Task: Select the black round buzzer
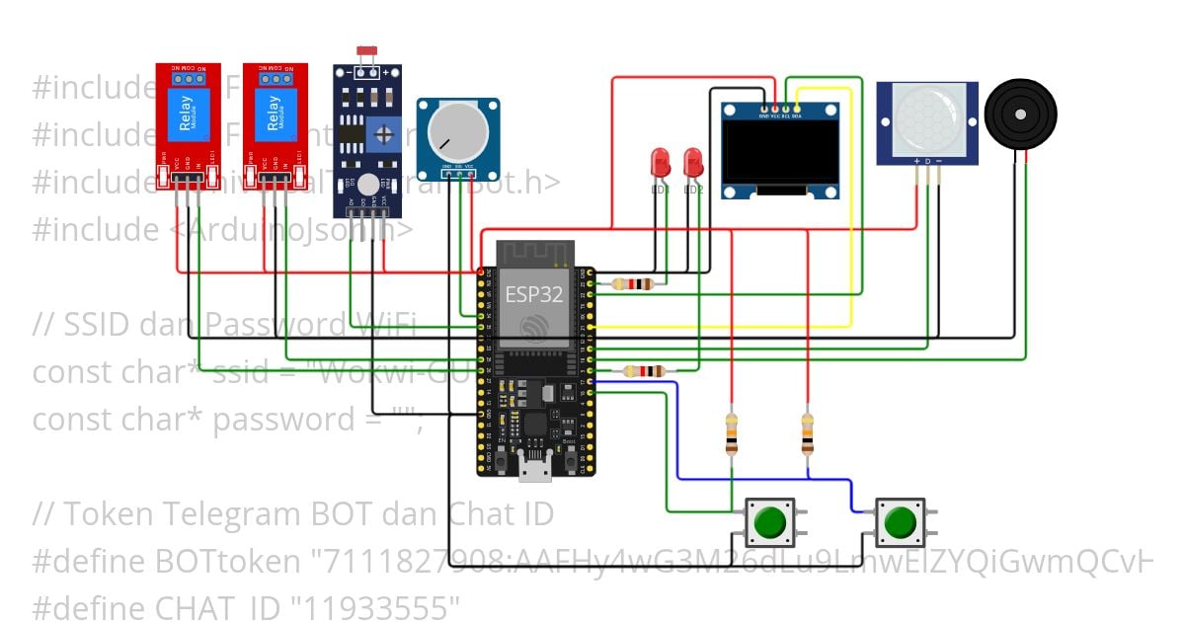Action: pyautogui.click(x=1020, y=114)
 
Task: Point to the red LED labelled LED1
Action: pyautogui.click(x=660, y=162)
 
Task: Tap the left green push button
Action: pyautogui.click(x=769, y=521)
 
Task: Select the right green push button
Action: pyautogui.click(x=900, y=521)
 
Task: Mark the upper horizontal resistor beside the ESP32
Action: pyautogui.click(x=632, y=284)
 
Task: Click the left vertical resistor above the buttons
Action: pyautogui.click(x=731, y=432)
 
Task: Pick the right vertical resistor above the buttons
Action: pyautogui.click(x=808, y=432)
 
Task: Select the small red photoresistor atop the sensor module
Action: pyautogui.click(x=367, y=49)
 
